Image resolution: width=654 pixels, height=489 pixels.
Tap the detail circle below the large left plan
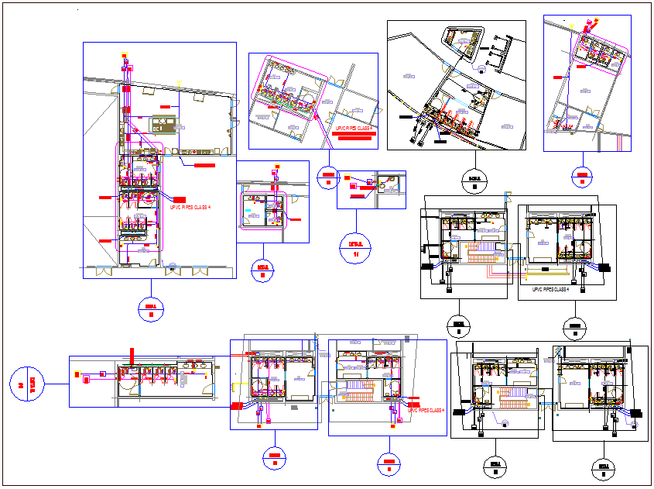[151, 310]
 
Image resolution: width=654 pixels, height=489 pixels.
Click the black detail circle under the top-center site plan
[474, 182]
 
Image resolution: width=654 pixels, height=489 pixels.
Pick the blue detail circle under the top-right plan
[581, 177]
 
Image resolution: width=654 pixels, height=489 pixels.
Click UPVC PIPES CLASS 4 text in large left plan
[190, 208]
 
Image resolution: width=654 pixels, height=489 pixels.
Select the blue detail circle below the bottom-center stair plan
[389, 463]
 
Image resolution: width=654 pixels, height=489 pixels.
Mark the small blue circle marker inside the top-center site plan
[481, 67]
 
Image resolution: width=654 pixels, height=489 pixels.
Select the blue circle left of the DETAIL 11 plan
[328, 179]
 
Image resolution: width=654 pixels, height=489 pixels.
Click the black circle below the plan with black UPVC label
[574, 329]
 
